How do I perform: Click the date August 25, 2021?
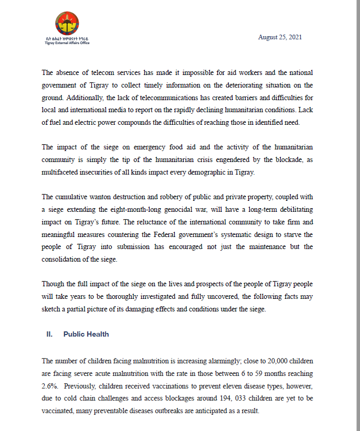click(280, 38)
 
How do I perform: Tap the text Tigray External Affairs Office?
click(67, 43)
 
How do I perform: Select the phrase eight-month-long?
click(112, 210)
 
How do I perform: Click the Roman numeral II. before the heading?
click(50, 334)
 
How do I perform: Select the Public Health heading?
click(86, 334)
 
